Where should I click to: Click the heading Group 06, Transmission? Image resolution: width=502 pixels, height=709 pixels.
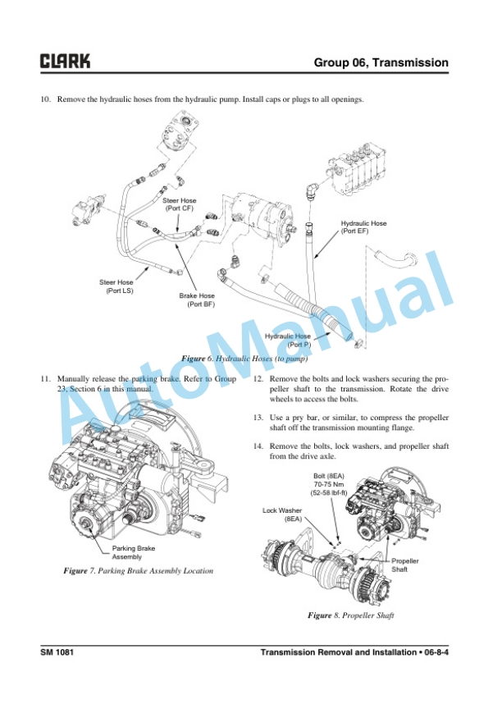click(x=381, y=62)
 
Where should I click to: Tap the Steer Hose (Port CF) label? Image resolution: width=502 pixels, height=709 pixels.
click(x=179, y=204)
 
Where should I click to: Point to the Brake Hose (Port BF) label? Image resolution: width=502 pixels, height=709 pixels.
click(x=197, y=300)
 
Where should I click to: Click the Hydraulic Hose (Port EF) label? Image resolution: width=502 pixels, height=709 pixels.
click(x=363, y=227)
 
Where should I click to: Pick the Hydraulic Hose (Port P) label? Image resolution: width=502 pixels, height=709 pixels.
click(x=288, y=340)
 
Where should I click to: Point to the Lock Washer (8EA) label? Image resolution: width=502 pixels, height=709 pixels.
click(x=282, y=515)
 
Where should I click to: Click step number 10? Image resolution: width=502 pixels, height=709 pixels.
click(x=46, y=100)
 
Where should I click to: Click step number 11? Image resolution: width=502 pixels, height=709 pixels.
click(x=46, y=379)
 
